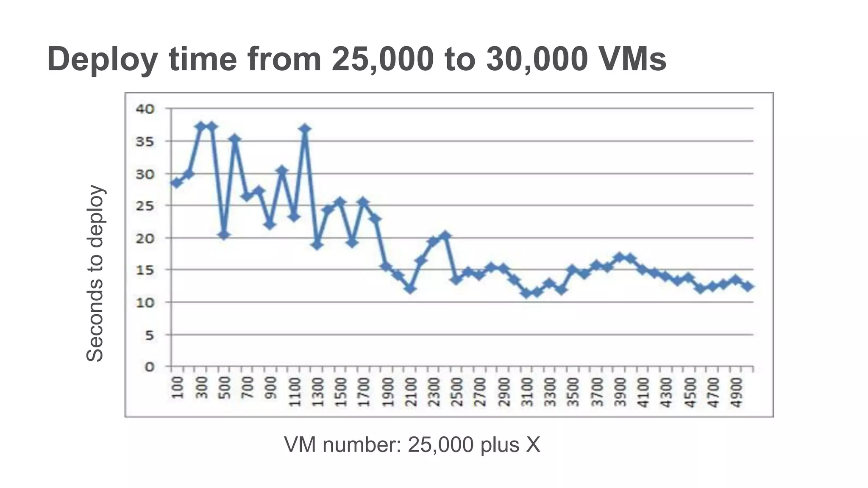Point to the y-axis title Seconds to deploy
click(95, 273)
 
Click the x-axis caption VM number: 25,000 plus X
click(412, 445)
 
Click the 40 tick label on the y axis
click(145, 109)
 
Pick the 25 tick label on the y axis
click(145, 205)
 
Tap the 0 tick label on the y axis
click(149, 367)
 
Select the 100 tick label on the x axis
click(178, 388)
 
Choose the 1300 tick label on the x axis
click(317, 392)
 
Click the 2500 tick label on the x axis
click(456, 392)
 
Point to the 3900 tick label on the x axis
click(620, 392)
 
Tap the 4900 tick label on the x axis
click(736, 392)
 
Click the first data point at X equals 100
click(176, 183)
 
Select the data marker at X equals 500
click(224, 235)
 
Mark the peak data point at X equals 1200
click(305, 128)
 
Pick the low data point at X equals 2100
click(410, 288)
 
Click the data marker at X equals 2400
click(445, 236)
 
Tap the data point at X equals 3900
click(619, 257)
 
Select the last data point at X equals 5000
click(748, 286)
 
